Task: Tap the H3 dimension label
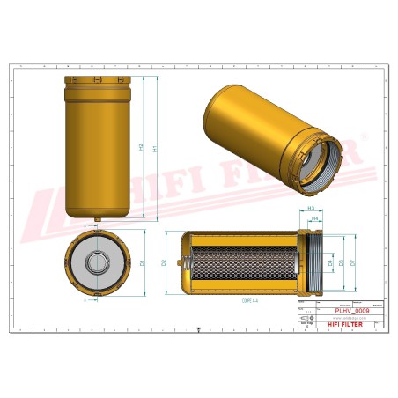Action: pos(312,208)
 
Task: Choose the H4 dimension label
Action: pos(315,221)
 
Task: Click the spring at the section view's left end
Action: pos(186,262)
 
